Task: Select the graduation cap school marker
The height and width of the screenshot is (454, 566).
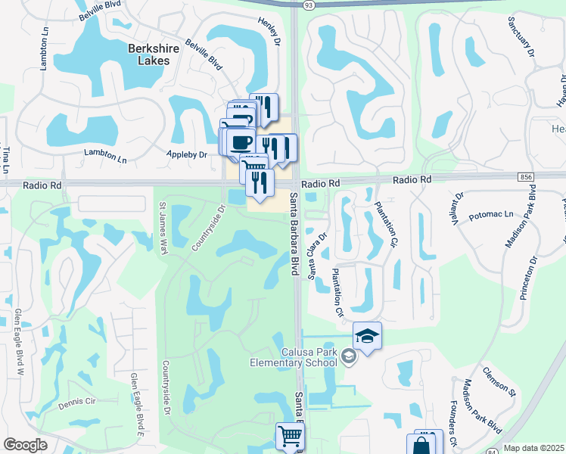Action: coord(367,337)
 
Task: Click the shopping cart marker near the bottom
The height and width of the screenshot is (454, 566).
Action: coord(290,437)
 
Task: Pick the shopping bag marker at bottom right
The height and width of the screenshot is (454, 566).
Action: coord(421,446)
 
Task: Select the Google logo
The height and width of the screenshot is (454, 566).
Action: coord(25,445)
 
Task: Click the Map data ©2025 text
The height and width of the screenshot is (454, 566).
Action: coord(533,448)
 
